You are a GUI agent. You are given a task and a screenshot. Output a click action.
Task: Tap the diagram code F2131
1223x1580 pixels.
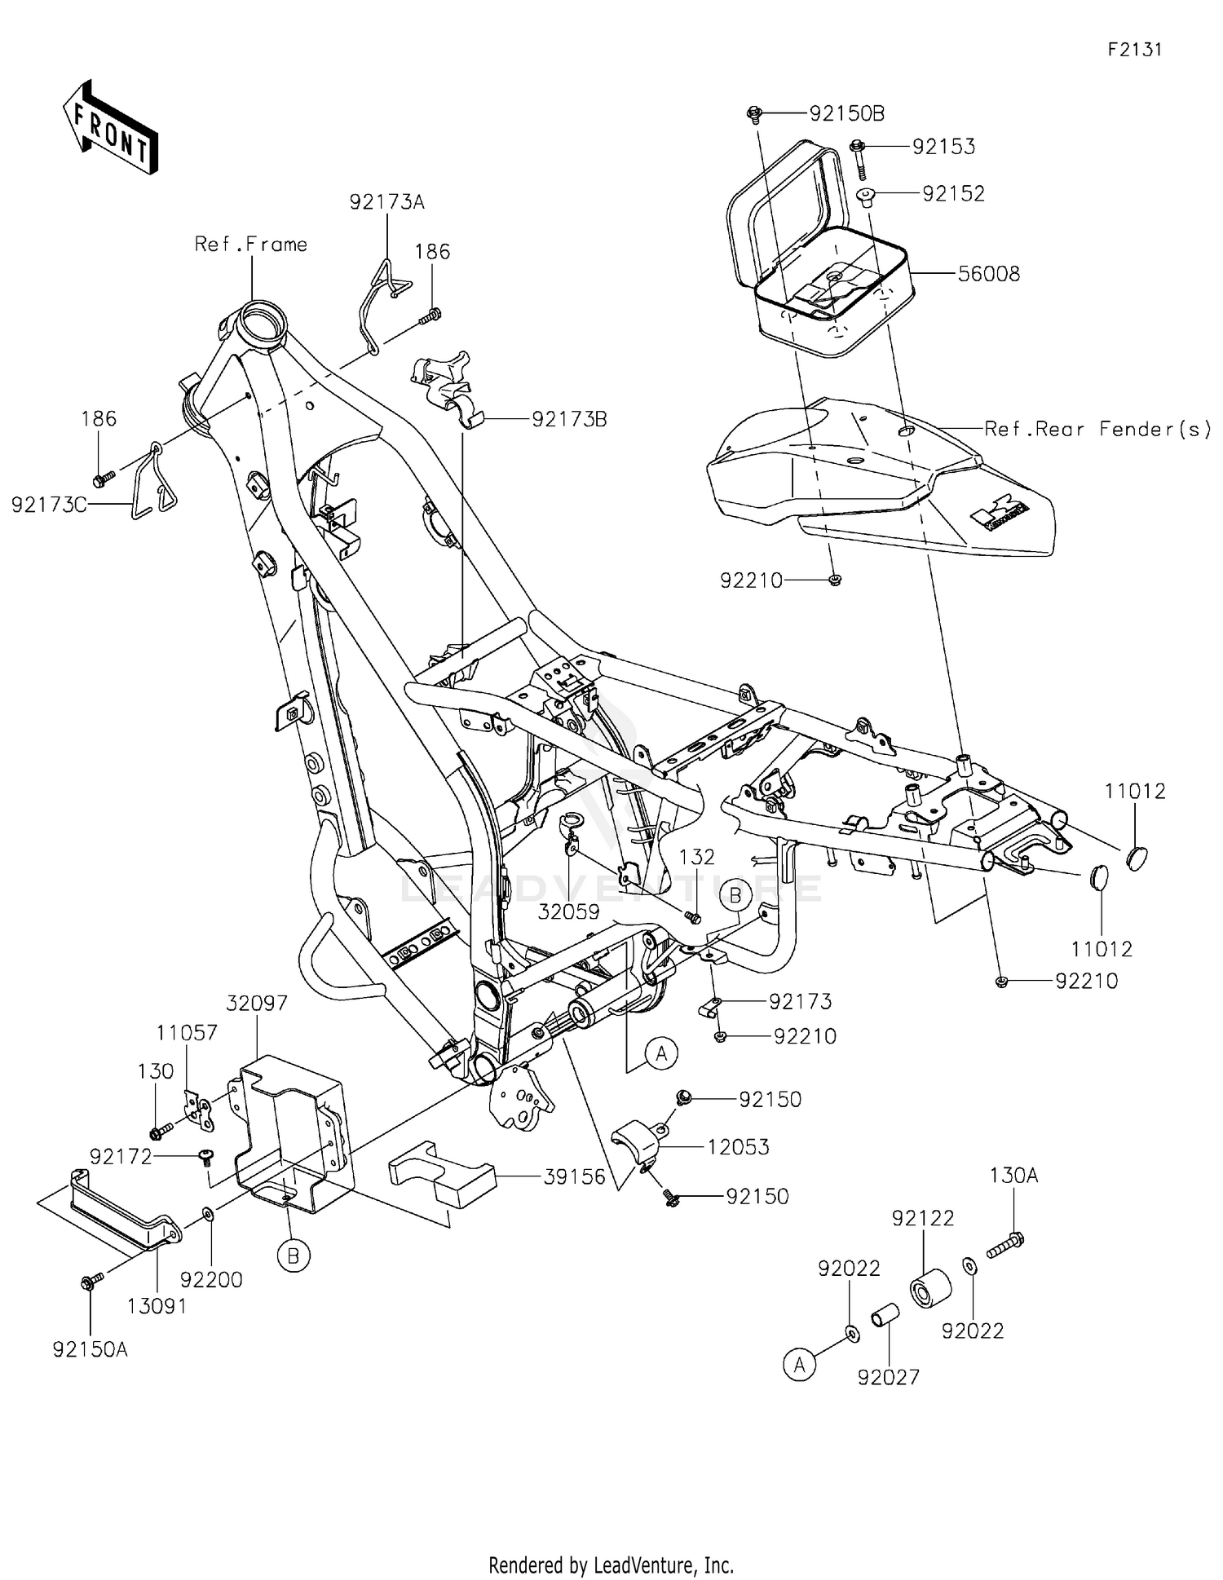pos(1134,50)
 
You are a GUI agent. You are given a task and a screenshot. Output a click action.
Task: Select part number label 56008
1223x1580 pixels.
pos(988,274)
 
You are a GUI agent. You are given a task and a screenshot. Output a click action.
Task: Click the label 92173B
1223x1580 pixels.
pos(569,419)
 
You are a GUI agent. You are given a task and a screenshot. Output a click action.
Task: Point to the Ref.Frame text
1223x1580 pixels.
pos(251,245)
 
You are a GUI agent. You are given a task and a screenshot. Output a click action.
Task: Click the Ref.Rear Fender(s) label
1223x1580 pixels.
pos(1097,429)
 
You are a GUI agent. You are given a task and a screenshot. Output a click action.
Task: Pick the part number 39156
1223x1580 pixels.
pos(575,1176)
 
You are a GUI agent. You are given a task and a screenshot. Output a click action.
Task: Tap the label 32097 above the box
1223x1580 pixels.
pos(257,1003)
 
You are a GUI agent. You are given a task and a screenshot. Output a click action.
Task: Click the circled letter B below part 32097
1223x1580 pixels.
pos(294,1256)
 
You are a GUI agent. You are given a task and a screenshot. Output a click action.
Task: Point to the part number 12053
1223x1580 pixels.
pos(738,1147)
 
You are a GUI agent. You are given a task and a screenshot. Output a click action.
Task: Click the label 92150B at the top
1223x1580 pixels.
pos(846,113)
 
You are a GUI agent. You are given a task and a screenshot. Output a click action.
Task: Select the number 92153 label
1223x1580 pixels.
pos(943,147)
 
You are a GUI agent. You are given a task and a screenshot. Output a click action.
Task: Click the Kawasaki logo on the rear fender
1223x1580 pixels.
pos(1000,515)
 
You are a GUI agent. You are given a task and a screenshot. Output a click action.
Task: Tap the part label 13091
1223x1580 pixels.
pos(157,1306)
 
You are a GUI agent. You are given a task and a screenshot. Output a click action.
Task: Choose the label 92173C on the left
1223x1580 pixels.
pos(49,505)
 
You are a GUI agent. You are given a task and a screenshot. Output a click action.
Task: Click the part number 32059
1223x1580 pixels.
pos(568,911)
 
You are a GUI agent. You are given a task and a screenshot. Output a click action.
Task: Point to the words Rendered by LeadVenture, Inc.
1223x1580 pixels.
pos(611,1565)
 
